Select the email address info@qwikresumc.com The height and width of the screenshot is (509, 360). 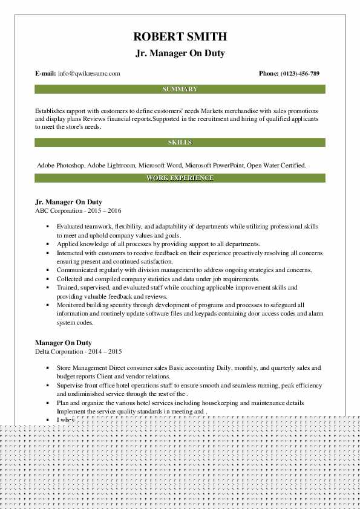89,74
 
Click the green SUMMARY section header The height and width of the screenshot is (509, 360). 180,89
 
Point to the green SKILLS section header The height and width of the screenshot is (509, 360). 180,143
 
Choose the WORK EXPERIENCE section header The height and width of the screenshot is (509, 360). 180,178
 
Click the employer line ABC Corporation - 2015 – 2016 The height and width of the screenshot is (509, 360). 79,210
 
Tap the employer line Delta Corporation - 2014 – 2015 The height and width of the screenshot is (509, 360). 79,351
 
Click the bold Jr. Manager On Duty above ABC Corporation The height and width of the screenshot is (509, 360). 68,202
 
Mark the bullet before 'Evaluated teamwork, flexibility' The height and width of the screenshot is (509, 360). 47,227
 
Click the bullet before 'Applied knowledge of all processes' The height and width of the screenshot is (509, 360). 47,244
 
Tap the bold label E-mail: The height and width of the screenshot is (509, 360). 45,74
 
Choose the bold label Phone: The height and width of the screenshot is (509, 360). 269,74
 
